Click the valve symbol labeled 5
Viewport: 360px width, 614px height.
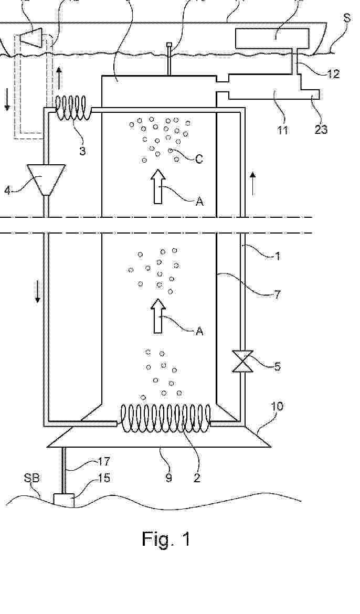coord(243,361)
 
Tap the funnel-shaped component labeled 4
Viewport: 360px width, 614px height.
coord(46,179)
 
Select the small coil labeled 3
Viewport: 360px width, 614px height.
coord(73,108)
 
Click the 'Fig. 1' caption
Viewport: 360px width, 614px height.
coord(166,539)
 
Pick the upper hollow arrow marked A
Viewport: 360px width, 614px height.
coord(158,186)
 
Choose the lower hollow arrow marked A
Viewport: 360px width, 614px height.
coord(158,316)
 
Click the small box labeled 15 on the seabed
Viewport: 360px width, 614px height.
coord(63,500)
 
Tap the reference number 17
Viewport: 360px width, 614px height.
coord(103,461)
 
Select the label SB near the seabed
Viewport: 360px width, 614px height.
coord(32,478)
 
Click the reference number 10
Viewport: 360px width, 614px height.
coord(277,407)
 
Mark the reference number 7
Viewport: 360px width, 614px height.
coord(277,294)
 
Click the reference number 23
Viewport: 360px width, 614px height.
coord(321,129)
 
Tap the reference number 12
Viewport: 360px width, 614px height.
coord(333,73)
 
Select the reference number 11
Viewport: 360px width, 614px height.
coord(283,130)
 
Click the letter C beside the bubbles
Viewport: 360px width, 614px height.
coord(199,159)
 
